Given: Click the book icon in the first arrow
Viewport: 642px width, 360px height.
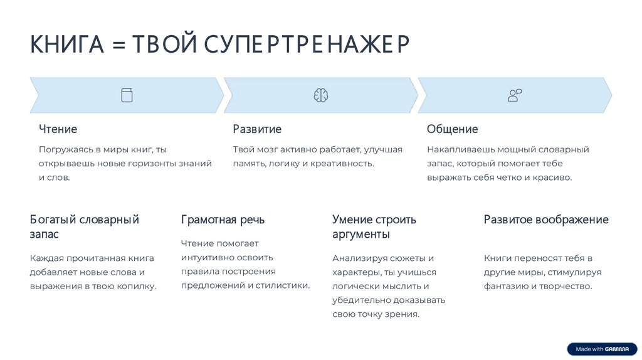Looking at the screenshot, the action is (x=127, y=95).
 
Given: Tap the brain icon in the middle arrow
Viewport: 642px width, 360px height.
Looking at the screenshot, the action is (x=321, y=95).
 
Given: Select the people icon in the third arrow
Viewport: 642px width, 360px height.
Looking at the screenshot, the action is (x=515, y=95).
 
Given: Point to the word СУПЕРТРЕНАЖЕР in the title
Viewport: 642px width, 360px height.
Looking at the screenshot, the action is (x=306, y=45).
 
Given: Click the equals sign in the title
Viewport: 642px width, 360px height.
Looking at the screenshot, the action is (x=118, y=46).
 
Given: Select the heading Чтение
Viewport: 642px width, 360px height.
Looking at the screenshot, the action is (x=58, y=129).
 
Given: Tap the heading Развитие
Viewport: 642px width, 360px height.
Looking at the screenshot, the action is (x=257, y=129).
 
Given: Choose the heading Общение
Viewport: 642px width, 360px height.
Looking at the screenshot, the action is (x=452, y=129).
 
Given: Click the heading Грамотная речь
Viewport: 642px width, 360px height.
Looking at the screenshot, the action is (x=223, y=220).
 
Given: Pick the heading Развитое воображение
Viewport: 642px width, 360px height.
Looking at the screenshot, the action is (x=546, y=220).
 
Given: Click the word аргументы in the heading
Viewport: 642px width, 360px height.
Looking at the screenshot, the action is (x=360, y=235).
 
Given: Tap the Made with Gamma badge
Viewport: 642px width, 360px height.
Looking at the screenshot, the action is (x=602, y=349).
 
